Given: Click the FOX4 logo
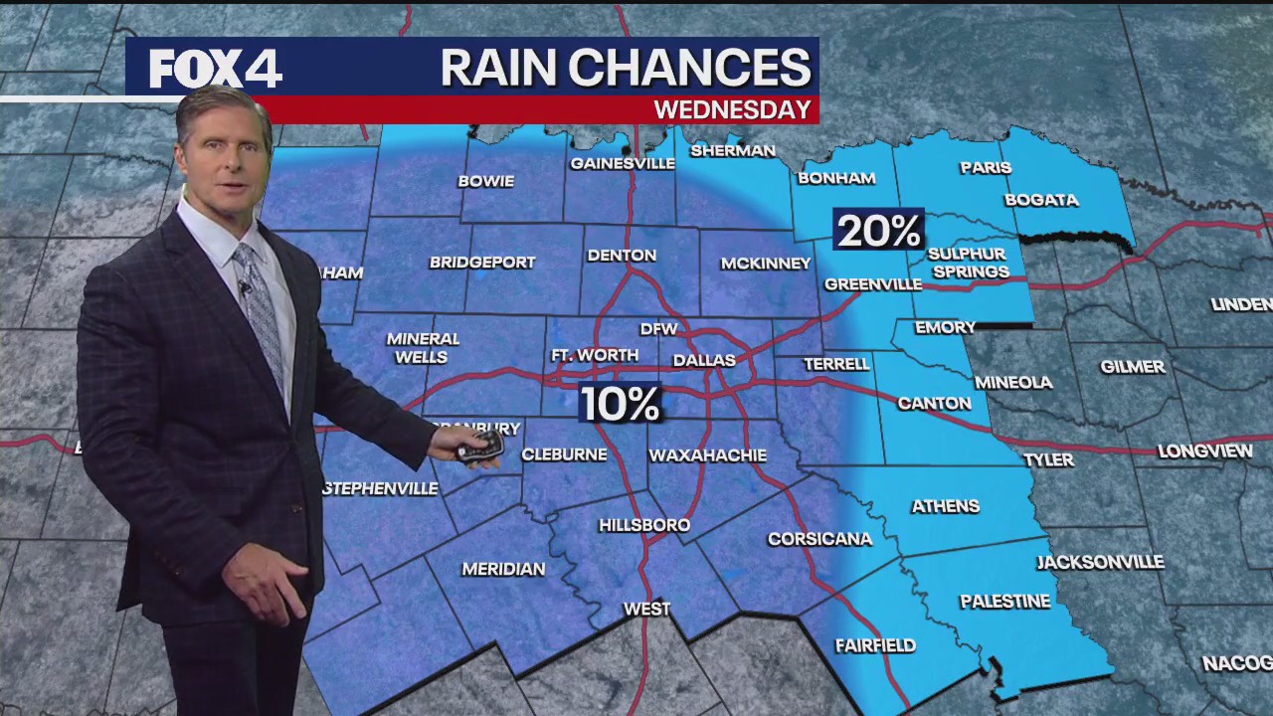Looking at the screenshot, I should click(216, 69).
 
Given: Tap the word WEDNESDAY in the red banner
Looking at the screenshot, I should click(732, 109).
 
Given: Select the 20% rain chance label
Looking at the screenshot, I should click(879, 231).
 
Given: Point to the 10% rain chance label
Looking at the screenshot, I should click(620, 404).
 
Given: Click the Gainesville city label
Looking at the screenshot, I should click(623, 163).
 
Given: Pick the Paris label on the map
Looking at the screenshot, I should click(986, 167).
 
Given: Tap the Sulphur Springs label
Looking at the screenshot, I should click(969, 263).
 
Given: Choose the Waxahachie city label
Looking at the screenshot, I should click(707, 455).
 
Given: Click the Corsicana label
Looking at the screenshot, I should click(819, 539).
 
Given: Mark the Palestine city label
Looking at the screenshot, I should click(1004, 602).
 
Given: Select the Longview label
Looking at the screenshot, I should click(1205, 451).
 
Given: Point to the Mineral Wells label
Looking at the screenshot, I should click(423, 347).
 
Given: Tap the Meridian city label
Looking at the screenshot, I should click(503, 569).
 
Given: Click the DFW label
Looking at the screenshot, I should click(658, 328).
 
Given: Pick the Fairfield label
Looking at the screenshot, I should click(875, 645).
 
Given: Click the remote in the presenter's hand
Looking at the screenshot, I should click(479, 447).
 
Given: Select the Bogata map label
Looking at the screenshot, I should click(1041, 200).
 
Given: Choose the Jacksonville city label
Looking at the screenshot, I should click(1100, 562).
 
